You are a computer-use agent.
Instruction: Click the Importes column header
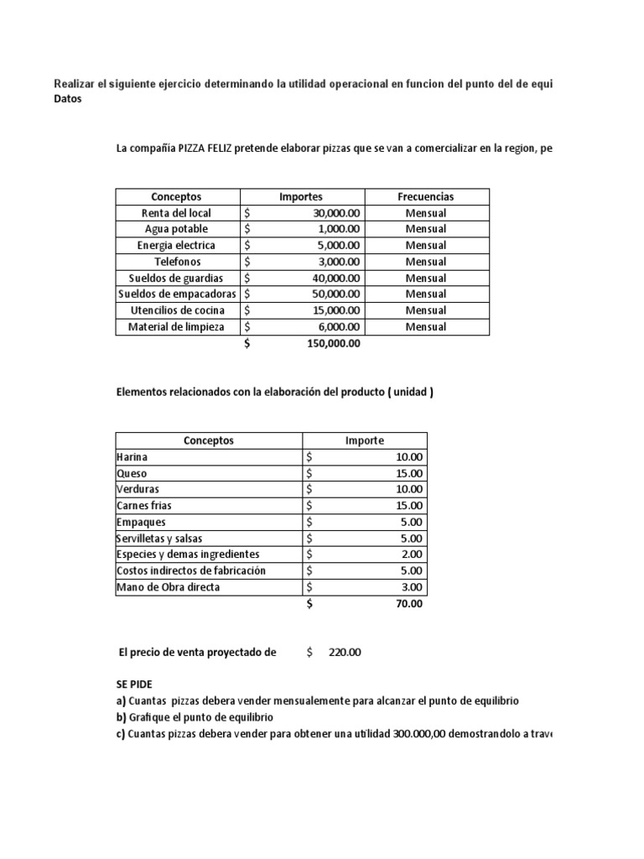[300, 196]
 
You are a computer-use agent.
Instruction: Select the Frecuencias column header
[425, 196]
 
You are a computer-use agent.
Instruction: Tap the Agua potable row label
[176, 229]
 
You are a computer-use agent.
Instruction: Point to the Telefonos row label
[176, 262]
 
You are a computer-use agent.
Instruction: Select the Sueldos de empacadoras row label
[178, 294]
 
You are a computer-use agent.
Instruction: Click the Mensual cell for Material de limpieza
[425, 327]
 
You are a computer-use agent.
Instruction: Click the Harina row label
[133, 457]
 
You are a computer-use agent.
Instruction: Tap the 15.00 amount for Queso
[410, 474]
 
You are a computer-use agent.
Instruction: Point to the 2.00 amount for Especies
[413, 554]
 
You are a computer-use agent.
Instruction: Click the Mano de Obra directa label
[168, 587]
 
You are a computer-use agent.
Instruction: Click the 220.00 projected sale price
[345, 652]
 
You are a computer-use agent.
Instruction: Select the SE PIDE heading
[136, 685]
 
